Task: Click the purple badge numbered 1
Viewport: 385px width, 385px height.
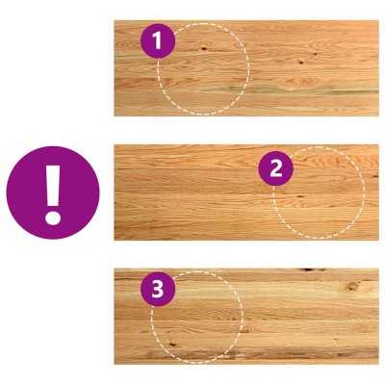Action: (158, 41)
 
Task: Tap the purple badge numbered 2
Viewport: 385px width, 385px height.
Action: (276, 168)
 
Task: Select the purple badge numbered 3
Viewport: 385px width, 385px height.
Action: (158, 289)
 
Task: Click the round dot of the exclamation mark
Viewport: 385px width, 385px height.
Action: (53, 218)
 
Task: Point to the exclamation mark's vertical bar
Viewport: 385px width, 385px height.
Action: (53, 186)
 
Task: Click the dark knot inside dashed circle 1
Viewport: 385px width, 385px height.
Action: (203, 49)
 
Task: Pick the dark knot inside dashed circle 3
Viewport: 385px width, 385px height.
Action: (172, 344)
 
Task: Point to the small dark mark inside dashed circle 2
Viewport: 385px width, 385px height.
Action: (300, 196)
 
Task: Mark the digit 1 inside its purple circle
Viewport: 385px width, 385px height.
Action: (157, 41)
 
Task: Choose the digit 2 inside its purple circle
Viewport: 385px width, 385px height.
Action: (276, 168)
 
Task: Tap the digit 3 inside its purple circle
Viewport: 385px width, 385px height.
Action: (158, 290)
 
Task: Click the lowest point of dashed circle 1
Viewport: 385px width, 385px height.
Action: (203, 115)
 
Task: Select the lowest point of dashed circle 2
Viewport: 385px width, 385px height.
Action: (319, 238)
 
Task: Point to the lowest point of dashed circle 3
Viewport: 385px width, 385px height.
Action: (196, 363)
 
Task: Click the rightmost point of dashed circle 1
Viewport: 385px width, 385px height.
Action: (249, 68)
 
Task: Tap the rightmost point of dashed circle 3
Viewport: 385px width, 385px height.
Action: (243, 318)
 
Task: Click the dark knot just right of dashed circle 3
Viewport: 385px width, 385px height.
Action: (247, 329)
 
